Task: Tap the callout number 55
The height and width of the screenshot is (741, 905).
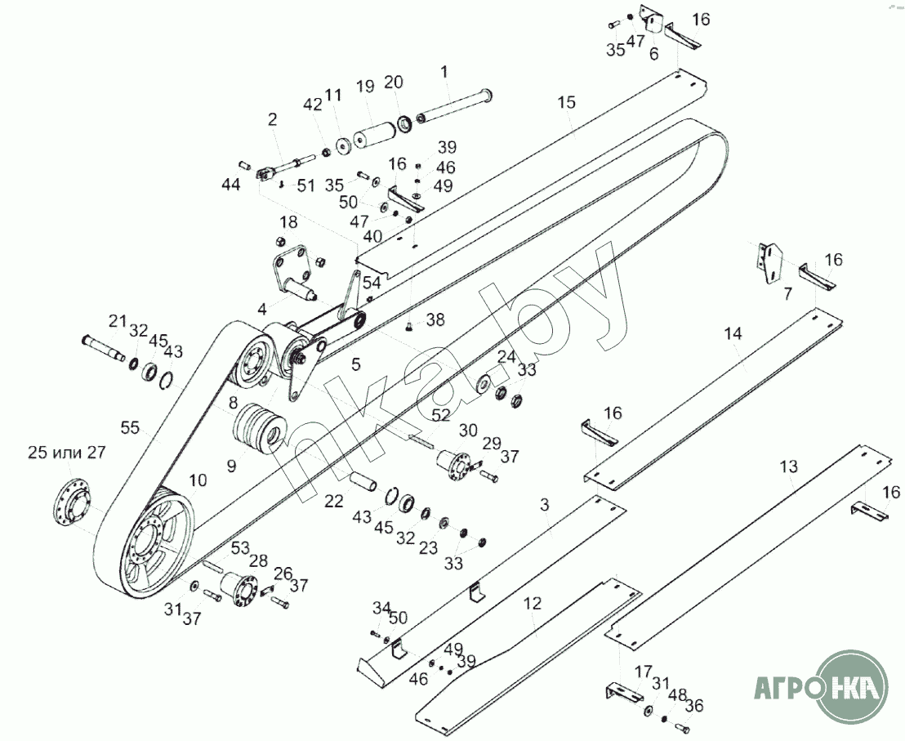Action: (x=129, y=427)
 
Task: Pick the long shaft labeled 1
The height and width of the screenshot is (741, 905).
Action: (x=453, y=105)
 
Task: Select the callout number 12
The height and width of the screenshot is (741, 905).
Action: (x=532, y=604)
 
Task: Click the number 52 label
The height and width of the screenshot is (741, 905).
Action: (x=440, y=415)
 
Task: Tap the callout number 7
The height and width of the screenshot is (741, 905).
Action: (x=787, y=294)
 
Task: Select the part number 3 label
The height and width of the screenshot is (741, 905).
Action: (x=545, y=506)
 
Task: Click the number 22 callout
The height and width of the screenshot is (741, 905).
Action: (x=333, y=502)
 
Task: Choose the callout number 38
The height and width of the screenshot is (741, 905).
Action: (x=435, y=319)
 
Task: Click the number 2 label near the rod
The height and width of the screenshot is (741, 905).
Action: (x=272, y=119)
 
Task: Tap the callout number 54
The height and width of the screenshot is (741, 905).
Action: (x=372, y=283)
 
